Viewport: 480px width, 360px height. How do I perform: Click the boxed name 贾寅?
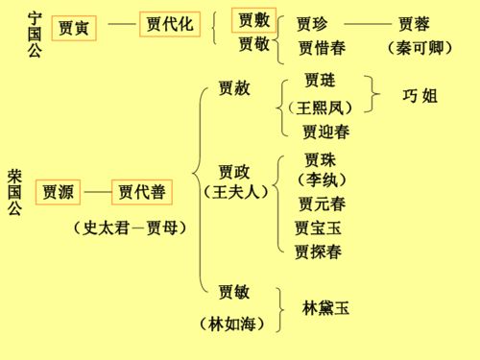pos(73,28)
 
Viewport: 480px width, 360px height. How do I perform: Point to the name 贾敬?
pos(254,44)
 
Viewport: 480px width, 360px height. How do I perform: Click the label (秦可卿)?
pos(420,48)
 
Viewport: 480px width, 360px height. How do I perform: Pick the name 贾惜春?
pos(322,48)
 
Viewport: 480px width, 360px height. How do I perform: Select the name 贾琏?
pos(320,80)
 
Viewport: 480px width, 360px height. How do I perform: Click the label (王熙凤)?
pos(321,107)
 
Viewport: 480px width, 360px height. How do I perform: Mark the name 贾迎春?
pos(325,132)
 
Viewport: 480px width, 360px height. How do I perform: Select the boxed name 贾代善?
pos(142,193)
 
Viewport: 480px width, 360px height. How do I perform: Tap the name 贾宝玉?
pos(319,228)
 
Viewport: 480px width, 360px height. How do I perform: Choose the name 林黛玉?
pos(325,308)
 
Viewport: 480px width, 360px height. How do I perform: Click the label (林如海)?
pos(231,324)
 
